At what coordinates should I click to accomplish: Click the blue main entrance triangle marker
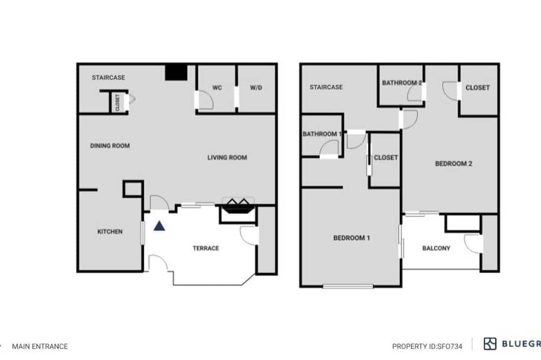159,226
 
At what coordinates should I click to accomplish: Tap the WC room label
217,88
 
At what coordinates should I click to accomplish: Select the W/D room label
256,88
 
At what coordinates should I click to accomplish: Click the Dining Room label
110,145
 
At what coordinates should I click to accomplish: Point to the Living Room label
227,158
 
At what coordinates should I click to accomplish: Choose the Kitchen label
110,231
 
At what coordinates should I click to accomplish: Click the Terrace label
206,248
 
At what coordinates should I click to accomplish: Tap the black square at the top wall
176,73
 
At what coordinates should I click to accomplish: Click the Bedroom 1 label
351,238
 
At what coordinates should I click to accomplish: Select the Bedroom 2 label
453,163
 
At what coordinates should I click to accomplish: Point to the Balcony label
436,248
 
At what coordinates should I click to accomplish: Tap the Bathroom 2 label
401,83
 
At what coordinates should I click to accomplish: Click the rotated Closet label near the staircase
117,102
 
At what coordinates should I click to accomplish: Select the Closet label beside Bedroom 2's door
478,88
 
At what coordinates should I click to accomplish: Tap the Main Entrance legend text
39,346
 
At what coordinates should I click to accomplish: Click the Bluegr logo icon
490,344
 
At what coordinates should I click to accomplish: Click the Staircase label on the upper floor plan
326,87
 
